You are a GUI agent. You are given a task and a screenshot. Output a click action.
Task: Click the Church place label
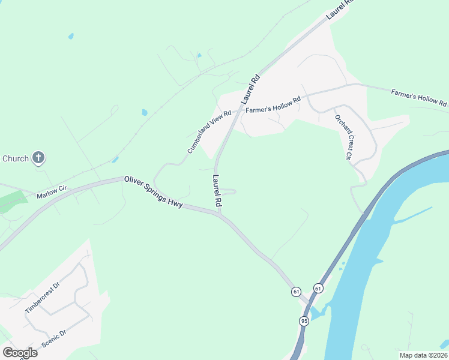tap(16, 158)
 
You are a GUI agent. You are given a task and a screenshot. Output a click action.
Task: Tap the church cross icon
tap(38, 158)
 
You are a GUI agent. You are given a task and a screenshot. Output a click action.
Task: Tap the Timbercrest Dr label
tap(43, 299)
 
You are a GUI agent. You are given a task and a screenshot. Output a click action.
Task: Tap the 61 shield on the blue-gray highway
tap(318, 289)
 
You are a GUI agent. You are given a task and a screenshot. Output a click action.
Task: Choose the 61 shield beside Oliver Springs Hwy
tap(296, 292)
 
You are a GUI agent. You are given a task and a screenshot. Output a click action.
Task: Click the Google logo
tap(20, 352)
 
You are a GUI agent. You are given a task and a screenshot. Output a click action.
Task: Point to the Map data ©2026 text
tap(423, 355)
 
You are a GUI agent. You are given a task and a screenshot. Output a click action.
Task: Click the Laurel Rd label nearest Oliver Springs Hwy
tap(217, 191)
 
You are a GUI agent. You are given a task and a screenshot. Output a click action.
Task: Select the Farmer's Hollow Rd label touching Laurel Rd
tap(273, 105)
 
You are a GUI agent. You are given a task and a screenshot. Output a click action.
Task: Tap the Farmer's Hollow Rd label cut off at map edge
tap(419, 98)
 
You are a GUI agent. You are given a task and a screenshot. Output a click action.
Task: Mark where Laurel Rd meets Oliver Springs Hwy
tap(220, 213)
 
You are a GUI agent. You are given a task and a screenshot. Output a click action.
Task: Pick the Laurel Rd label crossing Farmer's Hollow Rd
tap(251, 89)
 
